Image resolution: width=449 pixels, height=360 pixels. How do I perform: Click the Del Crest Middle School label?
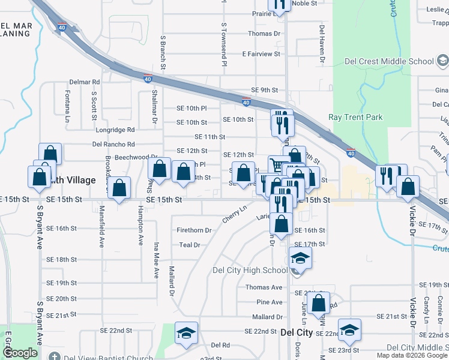tap(389, 61)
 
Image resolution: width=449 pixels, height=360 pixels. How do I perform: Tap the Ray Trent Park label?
tap(355, 118)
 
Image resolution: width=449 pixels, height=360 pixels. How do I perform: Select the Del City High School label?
tap(250, 270)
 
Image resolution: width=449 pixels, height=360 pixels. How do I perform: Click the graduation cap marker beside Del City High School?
tap(301, 259)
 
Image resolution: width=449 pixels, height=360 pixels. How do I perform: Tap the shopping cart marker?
tap(277, 166)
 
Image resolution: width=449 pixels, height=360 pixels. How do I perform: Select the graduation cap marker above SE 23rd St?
tap(349, 329)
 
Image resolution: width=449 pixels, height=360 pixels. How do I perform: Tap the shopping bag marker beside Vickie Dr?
tap(408, 186)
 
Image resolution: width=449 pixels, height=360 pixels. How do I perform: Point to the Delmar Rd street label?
tap(84, 82)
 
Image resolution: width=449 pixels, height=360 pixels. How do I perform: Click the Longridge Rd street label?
tap(116, 130)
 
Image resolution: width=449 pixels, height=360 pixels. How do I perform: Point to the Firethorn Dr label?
tap(194, 230)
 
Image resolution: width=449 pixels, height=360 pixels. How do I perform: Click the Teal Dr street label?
tap(189, 245)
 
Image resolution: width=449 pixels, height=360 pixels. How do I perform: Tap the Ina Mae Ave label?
tap(155, 261)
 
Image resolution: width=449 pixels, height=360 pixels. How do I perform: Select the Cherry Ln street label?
tap(235, 215)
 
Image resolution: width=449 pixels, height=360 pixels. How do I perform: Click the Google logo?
tap(20, 353)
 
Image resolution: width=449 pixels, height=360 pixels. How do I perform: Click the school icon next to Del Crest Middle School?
tap(442, 61)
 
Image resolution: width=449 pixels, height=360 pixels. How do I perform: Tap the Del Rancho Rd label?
tap(113, 144)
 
